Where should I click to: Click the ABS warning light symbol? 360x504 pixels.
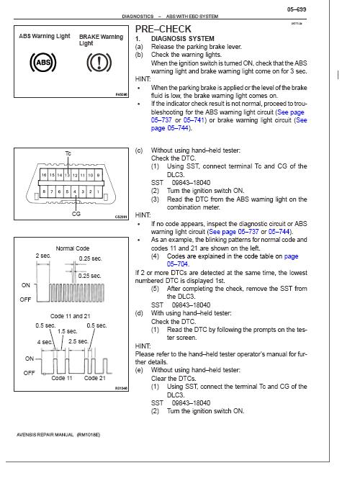point(42,62)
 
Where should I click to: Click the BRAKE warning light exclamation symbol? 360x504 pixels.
point(99,63)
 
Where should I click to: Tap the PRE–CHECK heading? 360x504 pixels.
point(163,29)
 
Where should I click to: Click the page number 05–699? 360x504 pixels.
point(297,9)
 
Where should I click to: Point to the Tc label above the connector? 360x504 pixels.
point(68,153)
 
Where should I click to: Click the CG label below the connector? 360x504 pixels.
point(76,214)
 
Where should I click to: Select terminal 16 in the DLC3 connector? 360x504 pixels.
point(44,175)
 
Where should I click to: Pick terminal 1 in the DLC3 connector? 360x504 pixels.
point(98,192)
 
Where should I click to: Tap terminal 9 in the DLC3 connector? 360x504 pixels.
point(98,175)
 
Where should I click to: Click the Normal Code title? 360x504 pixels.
point(73,248)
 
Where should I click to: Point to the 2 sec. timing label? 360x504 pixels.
point(43,256)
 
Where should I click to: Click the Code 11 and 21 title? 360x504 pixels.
point(71,316)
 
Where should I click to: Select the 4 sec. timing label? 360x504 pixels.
point(45,342)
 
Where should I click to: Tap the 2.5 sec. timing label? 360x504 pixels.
point(78,341)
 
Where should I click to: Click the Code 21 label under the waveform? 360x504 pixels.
point(95,378)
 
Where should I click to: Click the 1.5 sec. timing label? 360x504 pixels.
point(67,331)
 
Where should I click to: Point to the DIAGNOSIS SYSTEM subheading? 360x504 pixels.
point(183,39)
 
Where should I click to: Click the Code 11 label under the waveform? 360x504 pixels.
point(62,378)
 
